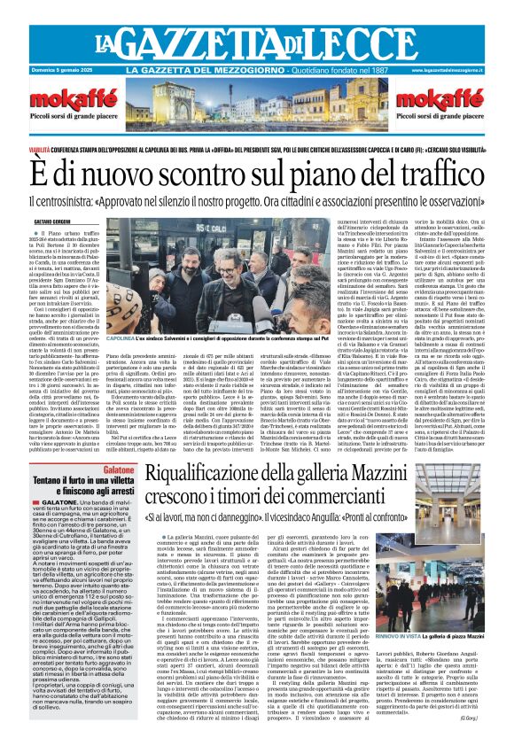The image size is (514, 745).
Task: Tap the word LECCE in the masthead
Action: [x=377, y=42]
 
